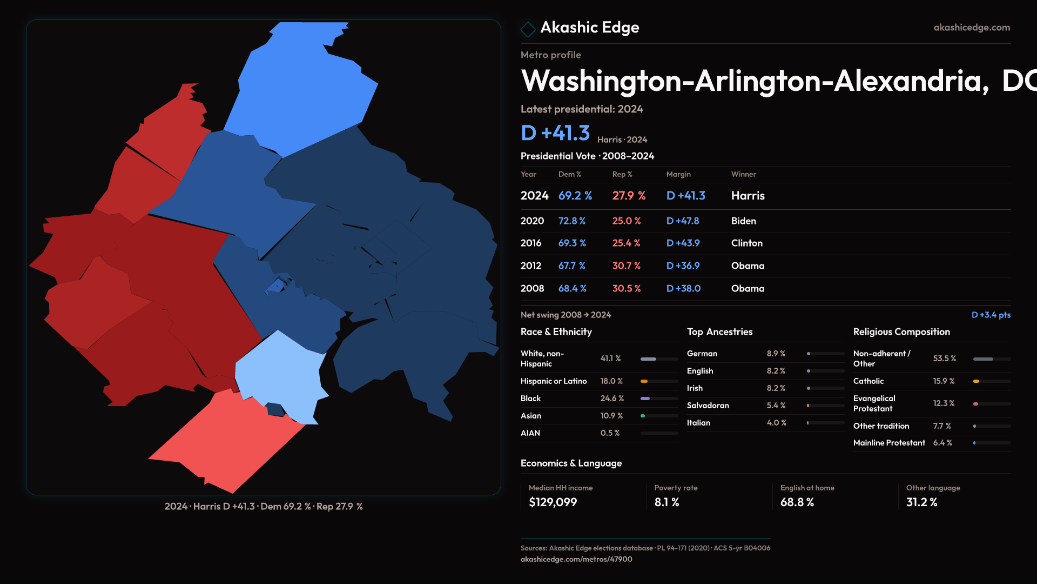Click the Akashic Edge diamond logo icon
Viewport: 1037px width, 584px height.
point(528,29)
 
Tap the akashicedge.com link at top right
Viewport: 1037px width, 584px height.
point(971,28)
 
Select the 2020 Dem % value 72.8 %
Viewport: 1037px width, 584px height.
point(571,221)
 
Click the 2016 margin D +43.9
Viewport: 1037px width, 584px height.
point(683,243)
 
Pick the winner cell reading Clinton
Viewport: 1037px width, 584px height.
point(746,243)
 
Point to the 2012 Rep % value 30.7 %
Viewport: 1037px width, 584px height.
point(626,266)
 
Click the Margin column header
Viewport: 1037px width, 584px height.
point(678,174)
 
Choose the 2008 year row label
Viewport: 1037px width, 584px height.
point(532,289)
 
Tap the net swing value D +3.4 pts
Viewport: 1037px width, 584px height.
point(991,315)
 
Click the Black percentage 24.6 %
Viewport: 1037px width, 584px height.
point(612,399)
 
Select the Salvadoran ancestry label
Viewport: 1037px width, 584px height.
point(708,406)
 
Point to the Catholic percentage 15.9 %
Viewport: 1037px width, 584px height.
point(944,381)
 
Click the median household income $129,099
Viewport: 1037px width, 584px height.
point(553,502)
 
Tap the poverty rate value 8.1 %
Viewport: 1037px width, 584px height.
point(666,502)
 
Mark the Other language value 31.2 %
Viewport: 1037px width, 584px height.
point(921,502)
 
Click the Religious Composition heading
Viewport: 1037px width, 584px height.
point(901,332)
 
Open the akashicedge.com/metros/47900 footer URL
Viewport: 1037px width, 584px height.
point(576,559)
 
